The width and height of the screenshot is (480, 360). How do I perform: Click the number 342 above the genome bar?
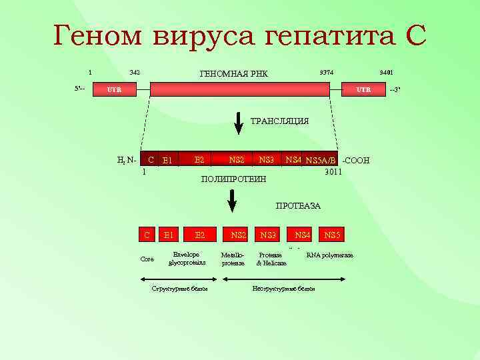pyautogui.click(x=134, y=73)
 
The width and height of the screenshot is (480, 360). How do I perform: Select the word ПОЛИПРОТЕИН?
pyautogui.click(x=233, y=179)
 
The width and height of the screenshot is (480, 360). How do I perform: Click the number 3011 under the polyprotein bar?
pyautogui.click(x=333, y=171)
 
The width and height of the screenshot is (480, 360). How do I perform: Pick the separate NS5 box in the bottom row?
pyautogui.click(x=332, y=235)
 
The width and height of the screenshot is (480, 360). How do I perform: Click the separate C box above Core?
pyautogui.click(x=147, y=235)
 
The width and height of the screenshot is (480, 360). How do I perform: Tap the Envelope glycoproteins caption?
pyautogui.click(x=186, y=259)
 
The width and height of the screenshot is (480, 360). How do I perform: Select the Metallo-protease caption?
pyautogui.click(x=233, y=259)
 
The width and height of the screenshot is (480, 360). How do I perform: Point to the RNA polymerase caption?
pyautogui.click(x=329, y=255)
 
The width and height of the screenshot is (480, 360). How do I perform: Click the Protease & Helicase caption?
pyautogui.click(x=271, y=259)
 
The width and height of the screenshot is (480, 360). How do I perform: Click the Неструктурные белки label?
pyautogui.click(x=283, y=289)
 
